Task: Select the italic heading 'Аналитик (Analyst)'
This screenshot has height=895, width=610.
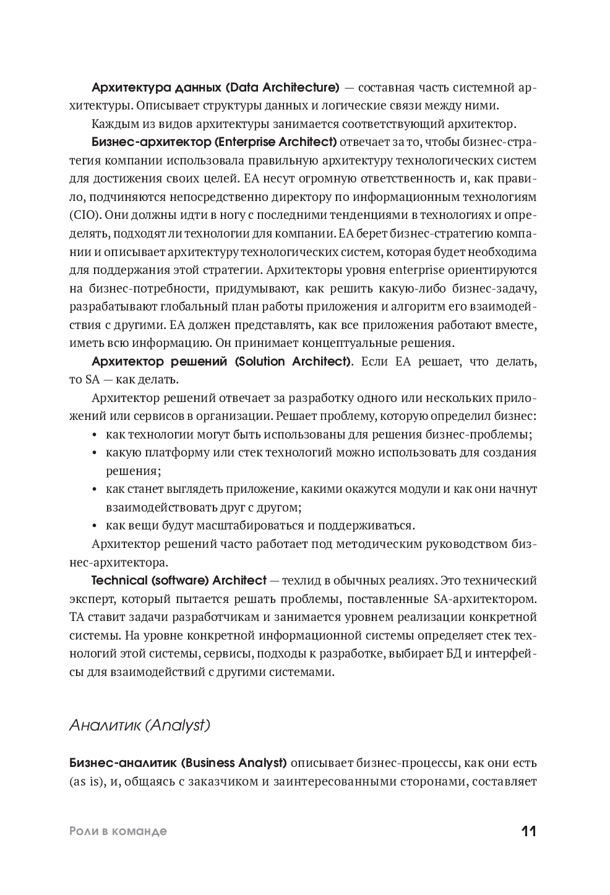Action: (x=140, y=725)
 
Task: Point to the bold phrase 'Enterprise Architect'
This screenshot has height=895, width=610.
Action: (x=277, y=142)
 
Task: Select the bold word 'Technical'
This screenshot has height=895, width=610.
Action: (x=119, y=581)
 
